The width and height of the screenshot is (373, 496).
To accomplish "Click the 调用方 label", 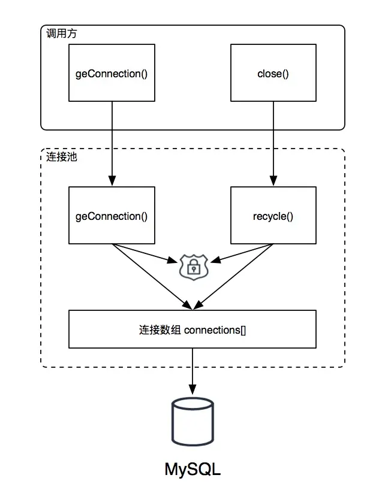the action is tap(61, 33).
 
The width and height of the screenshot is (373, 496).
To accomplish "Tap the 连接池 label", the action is tap(61, 156).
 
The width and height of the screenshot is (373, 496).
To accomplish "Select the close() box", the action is tap(273, 72).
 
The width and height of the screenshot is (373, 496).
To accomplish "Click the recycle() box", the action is tap(273, 215).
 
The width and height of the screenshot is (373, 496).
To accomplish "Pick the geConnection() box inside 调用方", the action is tap(112, 72).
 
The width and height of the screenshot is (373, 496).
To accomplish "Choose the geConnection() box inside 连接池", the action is tap(112, 215).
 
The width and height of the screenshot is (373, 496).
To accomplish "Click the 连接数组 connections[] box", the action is tap(192, 329).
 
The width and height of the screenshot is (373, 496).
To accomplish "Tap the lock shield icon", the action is tap(194, 267).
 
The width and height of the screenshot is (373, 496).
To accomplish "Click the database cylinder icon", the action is tap(192, 422).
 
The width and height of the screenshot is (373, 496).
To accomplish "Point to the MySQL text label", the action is tap(192, 469).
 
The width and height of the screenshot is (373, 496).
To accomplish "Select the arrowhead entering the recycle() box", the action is tap(273, 181).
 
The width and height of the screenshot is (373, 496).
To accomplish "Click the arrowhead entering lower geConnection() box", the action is tap(112, 181).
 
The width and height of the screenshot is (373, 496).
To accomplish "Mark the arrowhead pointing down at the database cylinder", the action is tap(192, 389).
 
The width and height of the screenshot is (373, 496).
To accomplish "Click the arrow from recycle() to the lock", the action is tap(242, 253).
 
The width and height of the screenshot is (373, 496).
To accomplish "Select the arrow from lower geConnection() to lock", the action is tap(145, 253).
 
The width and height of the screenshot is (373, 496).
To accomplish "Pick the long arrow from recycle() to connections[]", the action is tap(233, 277).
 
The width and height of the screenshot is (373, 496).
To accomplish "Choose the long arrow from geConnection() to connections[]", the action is tap(152, 277).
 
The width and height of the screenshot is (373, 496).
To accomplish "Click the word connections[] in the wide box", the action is tap(215, 330).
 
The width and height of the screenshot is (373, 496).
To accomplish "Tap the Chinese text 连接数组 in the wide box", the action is tap(160, 330).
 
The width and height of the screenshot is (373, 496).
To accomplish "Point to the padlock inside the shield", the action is tap(194, 268).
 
